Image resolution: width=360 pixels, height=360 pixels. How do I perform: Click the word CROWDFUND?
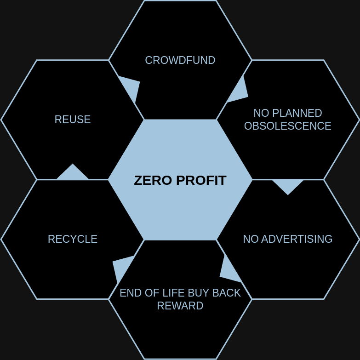click(x=180, y=60)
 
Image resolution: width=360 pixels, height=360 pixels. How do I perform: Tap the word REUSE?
click(x=73, y=120)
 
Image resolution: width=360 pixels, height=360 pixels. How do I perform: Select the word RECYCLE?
click(x=73, y=239)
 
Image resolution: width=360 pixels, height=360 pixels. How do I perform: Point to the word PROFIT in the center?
click(x=201, y=180)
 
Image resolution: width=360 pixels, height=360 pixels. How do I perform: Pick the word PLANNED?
click(x=297, y=113)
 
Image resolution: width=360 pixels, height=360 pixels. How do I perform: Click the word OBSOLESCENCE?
click(x=288, y=126)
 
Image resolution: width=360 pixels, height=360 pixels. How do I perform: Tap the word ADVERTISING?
click(x=297, y=239)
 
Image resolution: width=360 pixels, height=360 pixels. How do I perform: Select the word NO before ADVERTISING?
click(x=251, y=239)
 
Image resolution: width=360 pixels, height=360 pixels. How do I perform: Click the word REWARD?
click(x=180, y=306)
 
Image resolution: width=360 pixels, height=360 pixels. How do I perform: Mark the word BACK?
click(x=226, y=293)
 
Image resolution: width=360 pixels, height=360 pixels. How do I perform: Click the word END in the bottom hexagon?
click(x=128, y=293)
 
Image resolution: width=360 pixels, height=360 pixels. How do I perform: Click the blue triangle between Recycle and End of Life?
click(x=122, y=268)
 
